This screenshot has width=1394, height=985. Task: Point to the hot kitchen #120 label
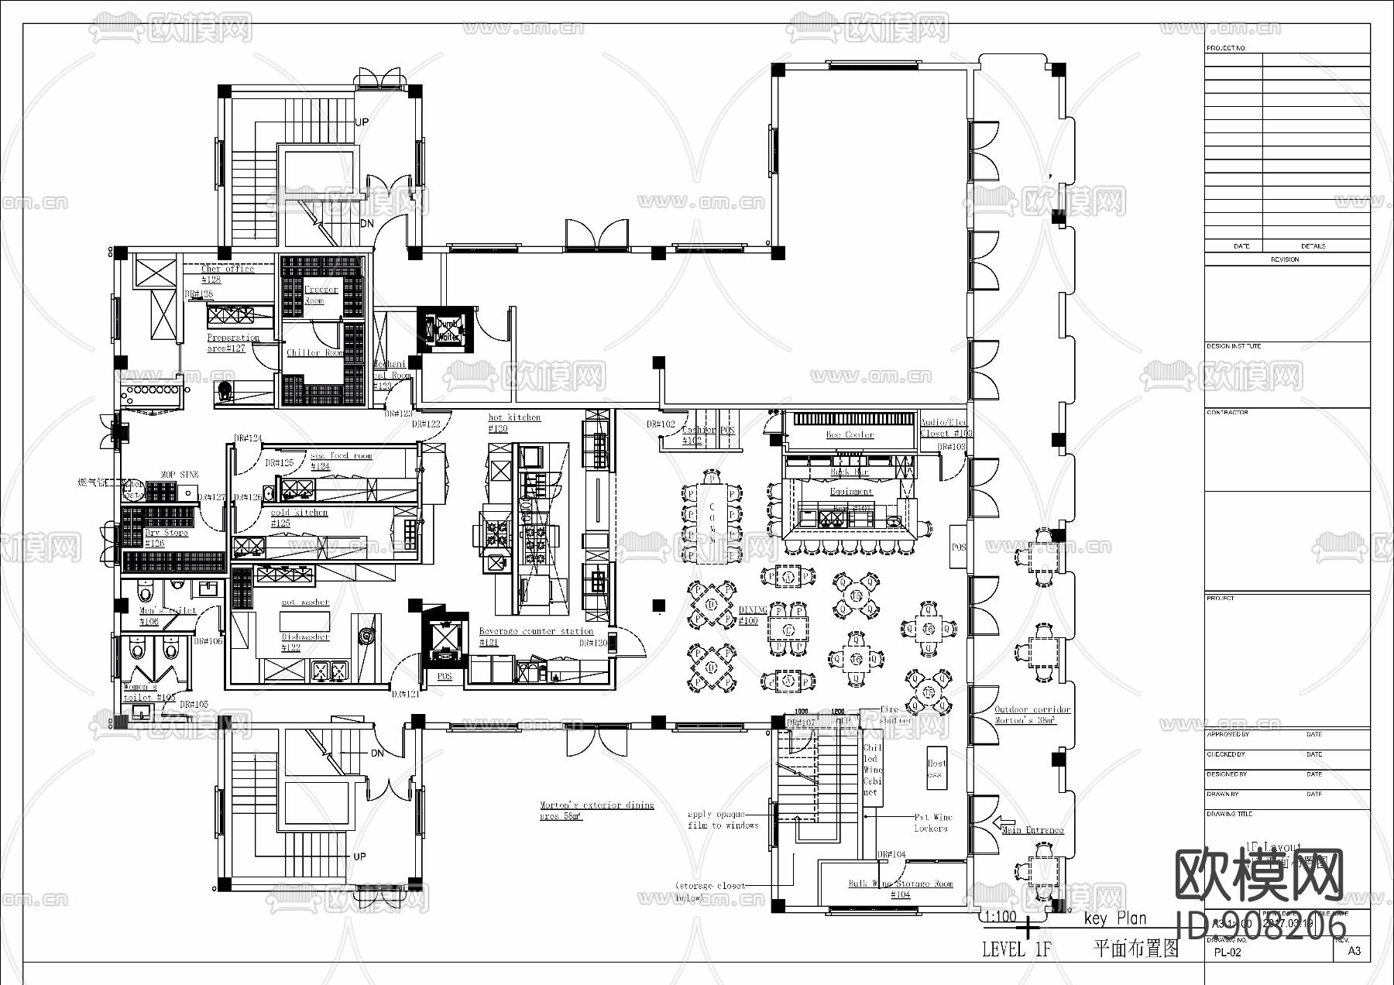pyautogui.click(x=513, y=422)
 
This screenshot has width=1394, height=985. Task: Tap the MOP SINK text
pyautogui.click(x=179, y=474)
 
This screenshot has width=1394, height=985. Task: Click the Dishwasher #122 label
pyautogui.click(x=304, y=642)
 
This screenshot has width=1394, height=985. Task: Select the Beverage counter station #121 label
pyautogui.click(x=535, y=636)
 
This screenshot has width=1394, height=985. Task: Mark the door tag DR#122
pyautogui.click(x=426, y=424)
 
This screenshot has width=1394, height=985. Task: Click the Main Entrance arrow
pyautogui.click(x=1004, y=823)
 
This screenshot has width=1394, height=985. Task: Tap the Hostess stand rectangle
pyautogui.click(x=936, y=767)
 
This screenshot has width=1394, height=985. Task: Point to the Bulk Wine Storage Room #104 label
pyautogui.click(x=900, y=888)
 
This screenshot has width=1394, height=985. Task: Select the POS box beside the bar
pyautogui.click(x=959, y=547)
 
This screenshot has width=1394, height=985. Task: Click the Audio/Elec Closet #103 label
pyautogui.click(x=943, y=427)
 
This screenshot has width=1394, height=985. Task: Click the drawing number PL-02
pyautogui.click(x=1227, y=952)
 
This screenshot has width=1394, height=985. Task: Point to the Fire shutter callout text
pyautogui.click(x=894, y=714)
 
